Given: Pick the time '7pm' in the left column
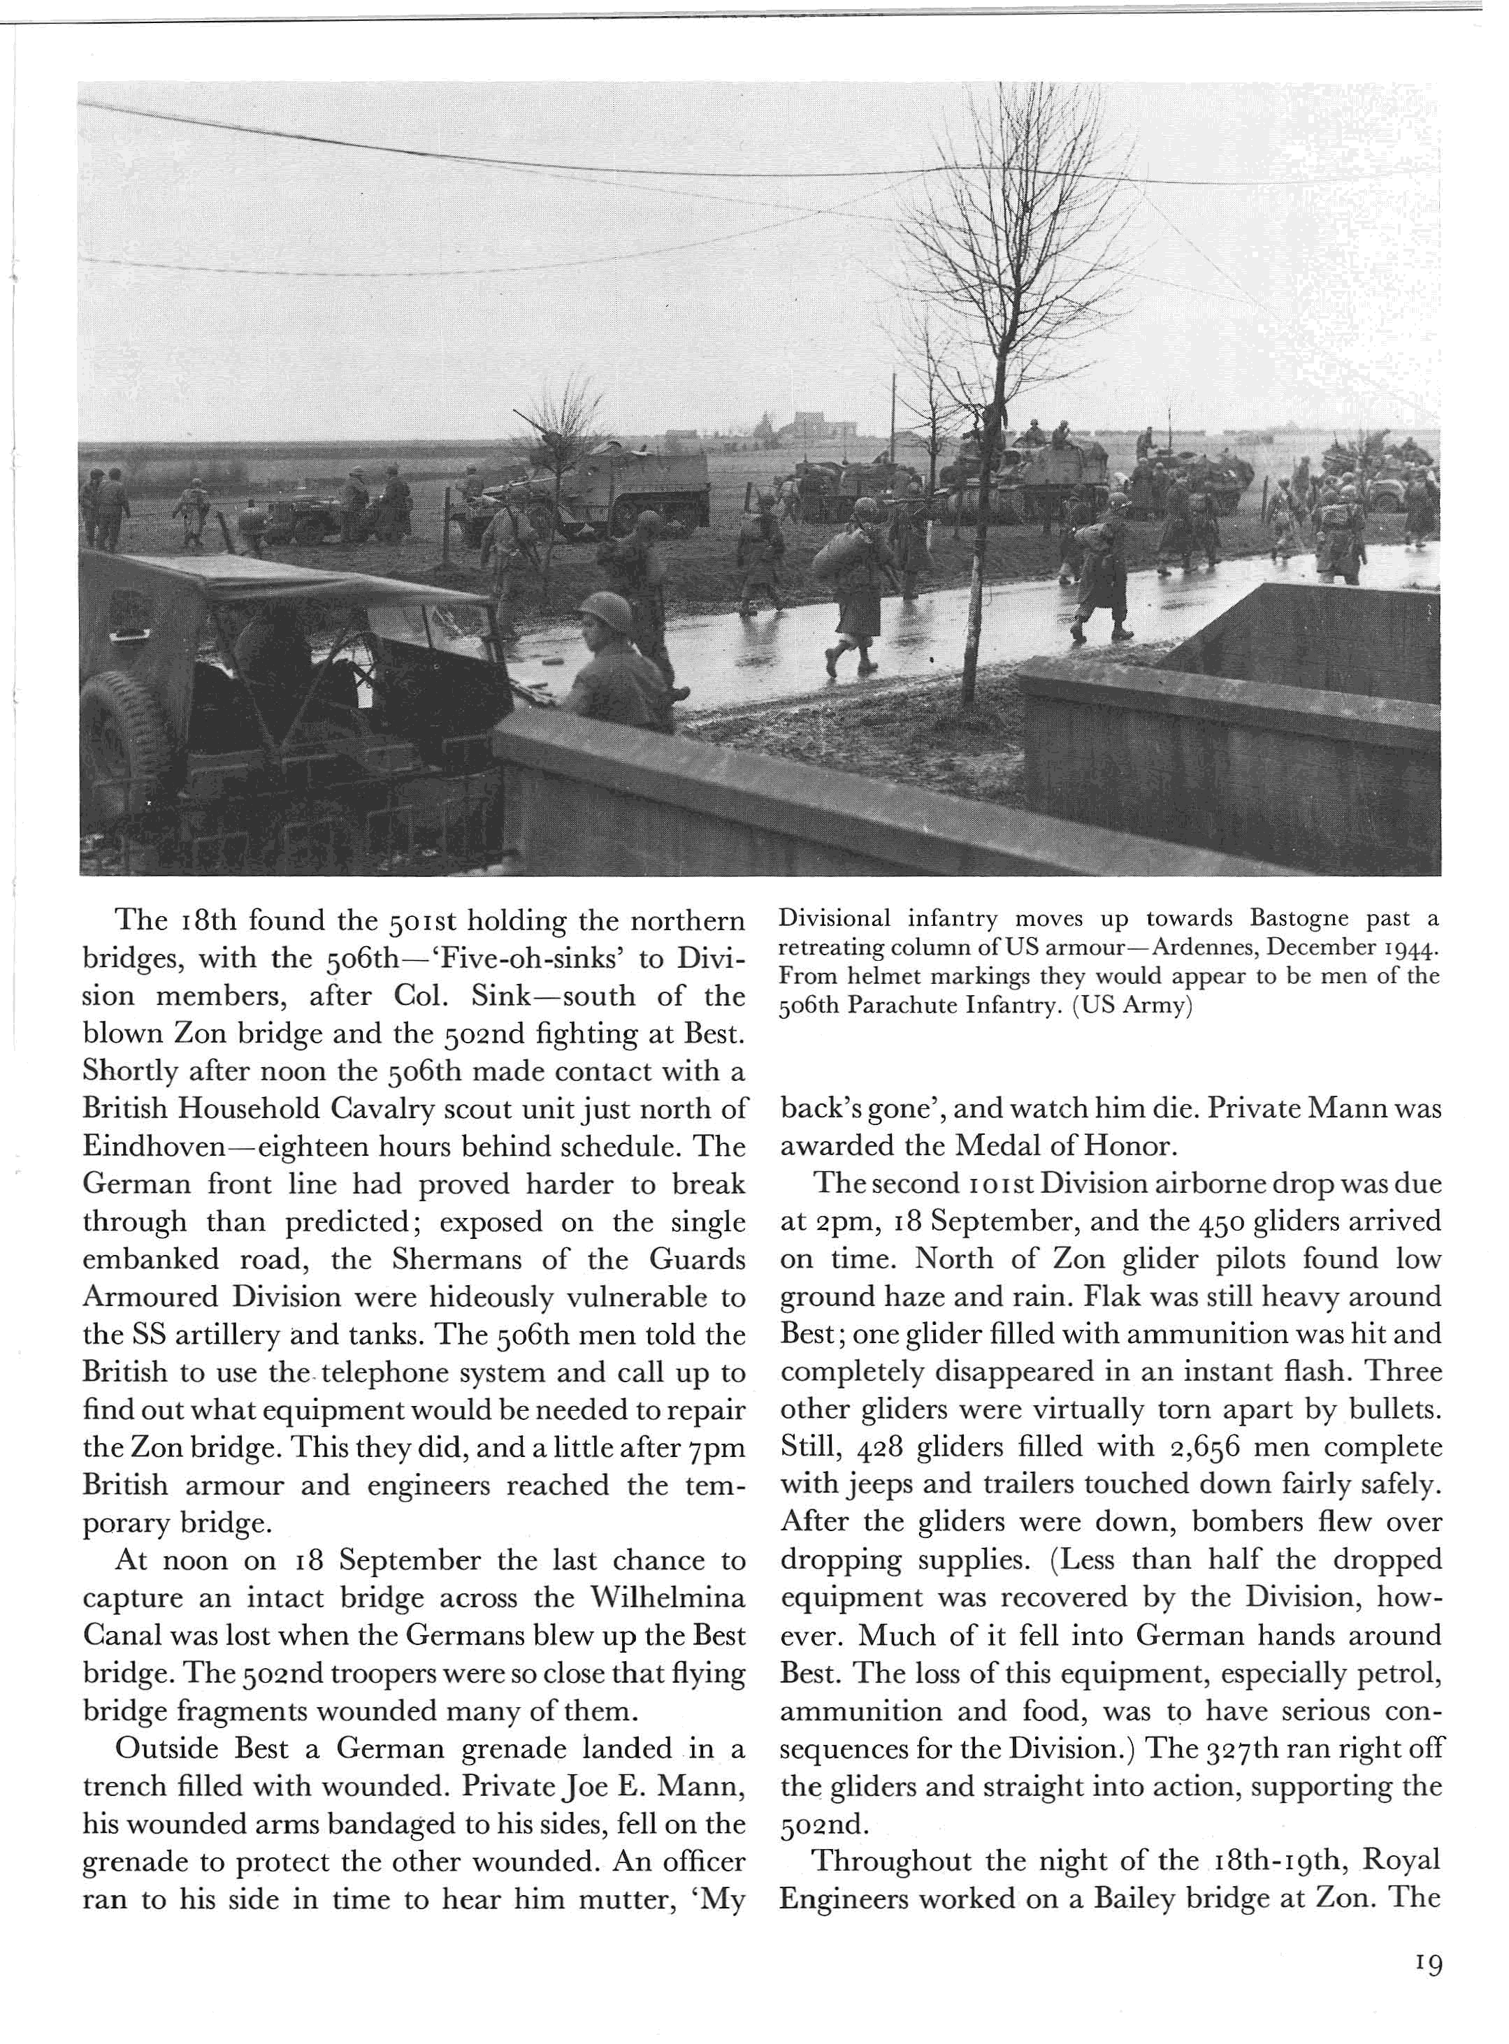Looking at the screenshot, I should click(721, 1448).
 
